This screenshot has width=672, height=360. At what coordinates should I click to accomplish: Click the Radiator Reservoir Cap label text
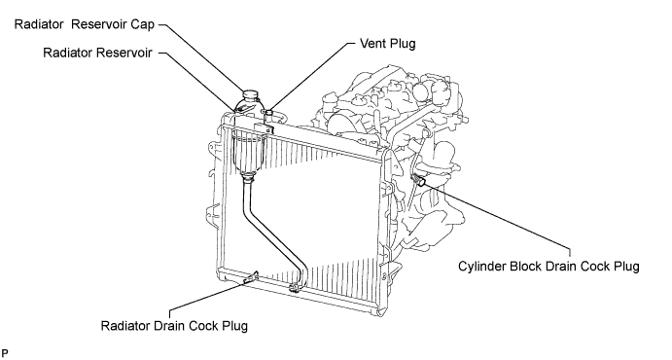tap(85, 25)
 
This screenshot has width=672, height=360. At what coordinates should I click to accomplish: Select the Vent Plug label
tap(388, 43)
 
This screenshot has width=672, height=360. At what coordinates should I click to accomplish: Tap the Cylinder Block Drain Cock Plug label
tap(549, 267)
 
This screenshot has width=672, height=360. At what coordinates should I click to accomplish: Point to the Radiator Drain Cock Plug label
tap(174, 326)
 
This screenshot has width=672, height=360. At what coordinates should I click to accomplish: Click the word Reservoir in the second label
tap(124, 53)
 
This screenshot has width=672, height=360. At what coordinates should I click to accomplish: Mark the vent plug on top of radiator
tap(268, 113)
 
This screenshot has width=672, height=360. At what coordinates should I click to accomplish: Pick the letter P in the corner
tap(4, 353)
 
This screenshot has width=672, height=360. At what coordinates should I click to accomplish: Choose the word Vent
tap(371, 43)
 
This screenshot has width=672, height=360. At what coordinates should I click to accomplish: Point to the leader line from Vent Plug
tap(310, 76)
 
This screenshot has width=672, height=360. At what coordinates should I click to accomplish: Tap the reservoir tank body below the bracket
tap(249, 152)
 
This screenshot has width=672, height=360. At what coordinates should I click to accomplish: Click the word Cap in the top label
tap(143, 25)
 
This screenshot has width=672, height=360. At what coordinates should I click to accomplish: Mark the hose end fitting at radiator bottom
tap(295, 288)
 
